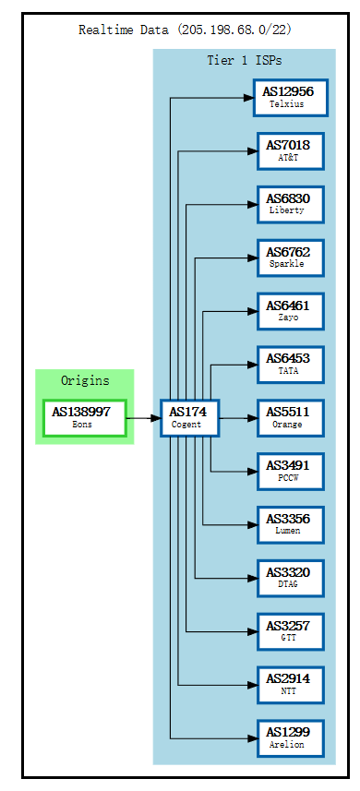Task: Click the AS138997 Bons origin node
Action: [83, 417]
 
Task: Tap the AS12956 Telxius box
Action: [290, 97]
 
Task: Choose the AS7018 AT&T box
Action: [290, 150]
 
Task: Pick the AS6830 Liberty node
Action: [290, 204]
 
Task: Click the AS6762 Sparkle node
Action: [290, 258]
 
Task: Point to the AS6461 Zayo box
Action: [290, 311]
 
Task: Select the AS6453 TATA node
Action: [290, 365]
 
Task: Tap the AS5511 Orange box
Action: [290, 418]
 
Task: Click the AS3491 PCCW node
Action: [290, 472]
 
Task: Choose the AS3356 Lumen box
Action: [290, 524]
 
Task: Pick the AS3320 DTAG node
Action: [290, 578]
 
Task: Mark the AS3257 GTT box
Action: [290, 631]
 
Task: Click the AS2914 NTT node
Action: [290, 685]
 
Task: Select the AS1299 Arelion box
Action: [290, 738]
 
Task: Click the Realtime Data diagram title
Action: [185, 30]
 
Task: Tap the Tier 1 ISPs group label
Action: [244, 61]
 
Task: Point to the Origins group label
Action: [84, 380]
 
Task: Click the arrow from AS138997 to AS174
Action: [142, 418]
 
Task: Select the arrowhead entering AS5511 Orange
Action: [252, 418]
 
